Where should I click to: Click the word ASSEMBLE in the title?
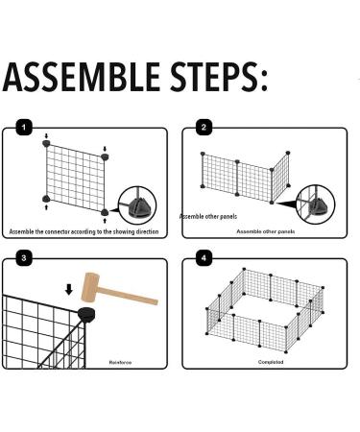tap(82, 77)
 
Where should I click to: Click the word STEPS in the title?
tap(214, 77)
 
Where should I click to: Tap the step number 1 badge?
tap(24, 128)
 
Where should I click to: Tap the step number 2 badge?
tap(204, 128)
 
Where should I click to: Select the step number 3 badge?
tap(24, 257)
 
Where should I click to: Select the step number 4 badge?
tap(204, 257)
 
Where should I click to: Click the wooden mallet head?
tap(90, 287)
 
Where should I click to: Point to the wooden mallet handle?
tap(128, 296)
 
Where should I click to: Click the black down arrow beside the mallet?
tap(69, 290)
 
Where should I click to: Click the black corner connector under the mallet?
tap(86, 314)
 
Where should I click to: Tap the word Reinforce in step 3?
tap(120, 363)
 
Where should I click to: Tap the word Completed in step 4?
tap(271, 362)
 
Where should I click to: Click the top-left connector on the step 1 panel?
tap(47, 143)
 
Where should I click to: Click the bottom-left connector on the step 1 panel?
tap(46, 199)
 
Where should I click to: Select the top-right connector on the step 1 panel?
tap(105, 156)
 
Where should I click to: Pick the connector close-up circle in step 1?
tap(137, 205)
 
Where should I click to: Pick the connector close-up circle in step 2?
tap(316, 204)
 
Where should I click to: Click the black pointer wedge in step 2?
tap(288, 204)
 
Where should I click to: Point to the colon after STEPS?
tap(264, 81)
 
